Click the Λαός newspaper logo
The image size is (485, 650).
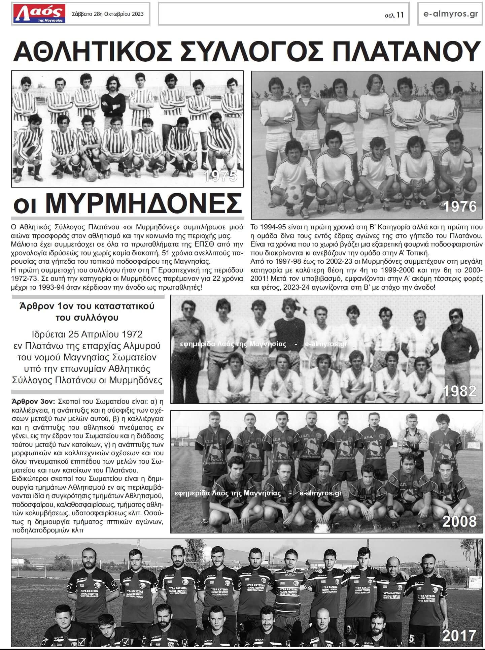click(x=39, y=14)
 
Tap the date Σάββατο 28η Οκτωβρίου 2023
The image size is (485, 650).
click(x=108, y=14)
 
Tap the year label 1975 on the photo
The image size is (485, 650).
click(x=220, y=176)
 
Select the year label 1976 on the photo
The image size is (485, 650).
click(x=459, y=206)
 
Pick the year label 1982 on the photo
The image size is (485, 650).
click(x=459, y=391)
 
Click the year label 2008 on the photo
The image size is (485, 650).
click(x=459, y=521)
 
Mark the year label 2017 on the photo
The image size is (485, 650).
click(x=459, y=635)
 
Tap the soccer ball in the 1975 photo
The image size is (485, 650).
click(x=91, y=175)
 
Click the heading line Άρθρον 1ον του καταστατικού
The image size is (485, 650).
click(x=87, y=306)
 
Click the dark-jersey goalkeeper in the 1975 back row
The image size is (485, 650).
click(x=111, y=98)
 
